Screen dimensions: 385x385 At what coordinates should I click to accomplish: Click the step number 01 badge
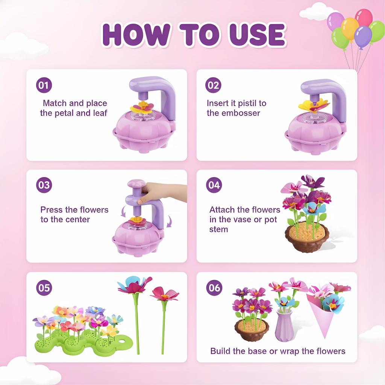click(44, 85)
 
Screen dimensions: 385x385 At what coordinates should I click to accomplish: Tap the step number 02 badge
click(213, 85)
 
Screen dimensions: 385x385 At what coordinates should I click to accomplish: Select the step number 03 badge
click(44, 185)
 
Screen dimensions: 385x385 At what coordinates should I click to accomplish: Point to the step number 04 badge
click(214, 185)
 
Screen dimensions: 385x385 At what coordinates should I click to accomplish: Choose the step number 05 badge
click(44, 288)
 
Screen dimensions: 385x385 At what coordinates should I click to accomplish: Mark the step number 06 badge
click(214, 288)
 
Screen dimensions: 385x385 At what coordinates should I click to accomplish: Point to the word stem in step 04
click(219, 229)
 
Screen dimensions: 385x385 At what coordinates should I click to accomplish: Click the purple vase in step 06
click(285, 326)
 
